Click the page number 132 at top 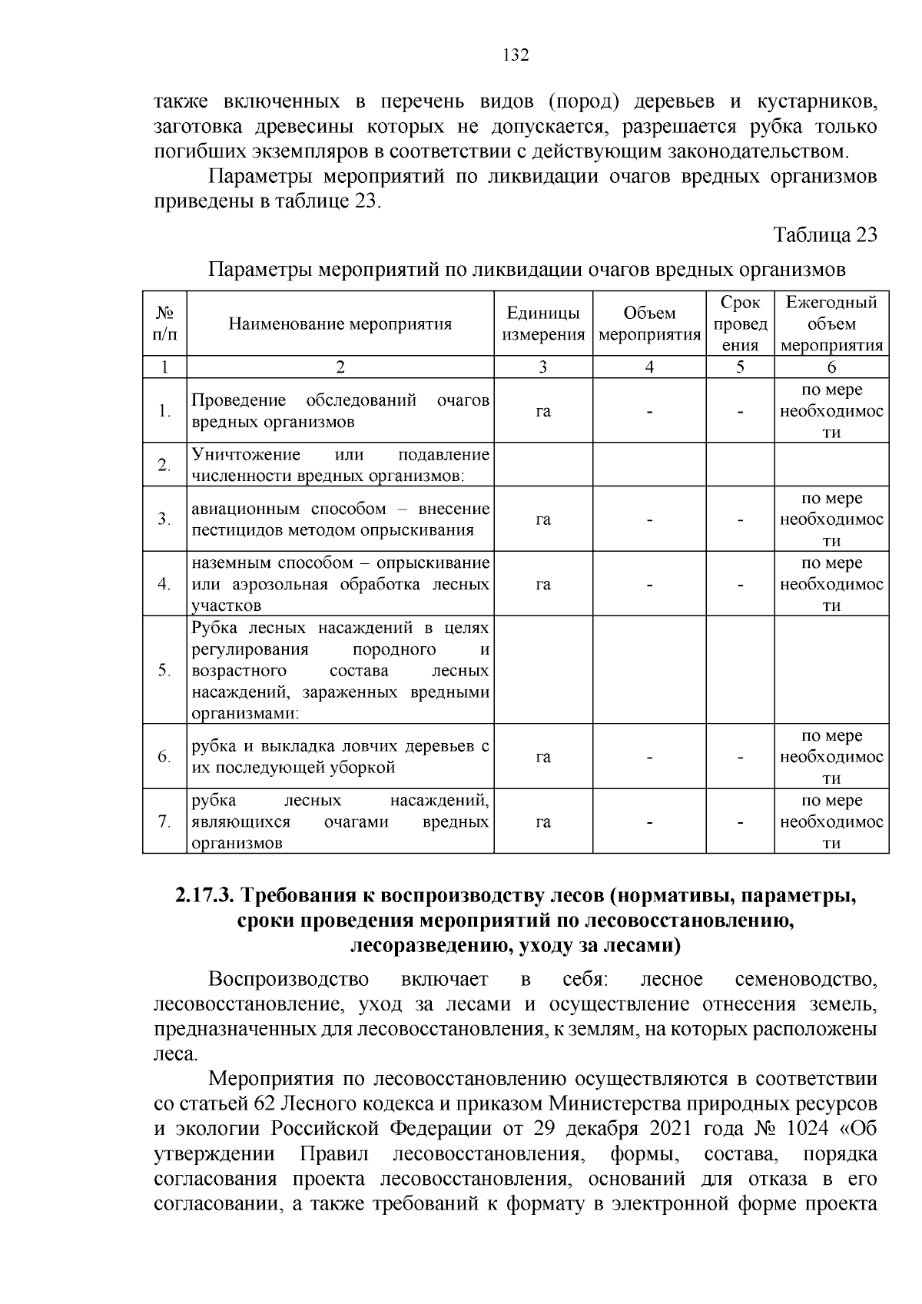coord(516,55)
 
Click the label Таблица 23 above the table coord(824,234)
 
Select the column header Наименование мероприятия coord(340,324)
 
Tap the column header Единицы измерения coord(542,324)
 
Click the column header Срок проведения coord(740,324)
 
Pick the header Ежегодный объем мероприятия coord(831,324)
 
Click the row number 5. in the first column coord(164,670)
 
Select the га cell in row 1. coord(542,412)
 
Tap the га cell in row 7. coord(542,822)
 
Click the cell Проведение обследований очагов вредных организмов coord(340,411)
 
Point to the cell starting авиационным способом coord(340,519)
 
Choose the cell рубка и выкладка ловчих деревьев coord(340,757)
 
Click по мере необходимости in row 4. coord(831,584)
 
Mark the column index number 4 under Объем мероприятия coord(649,367)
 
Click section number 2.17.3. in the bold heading coord(206,896)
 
